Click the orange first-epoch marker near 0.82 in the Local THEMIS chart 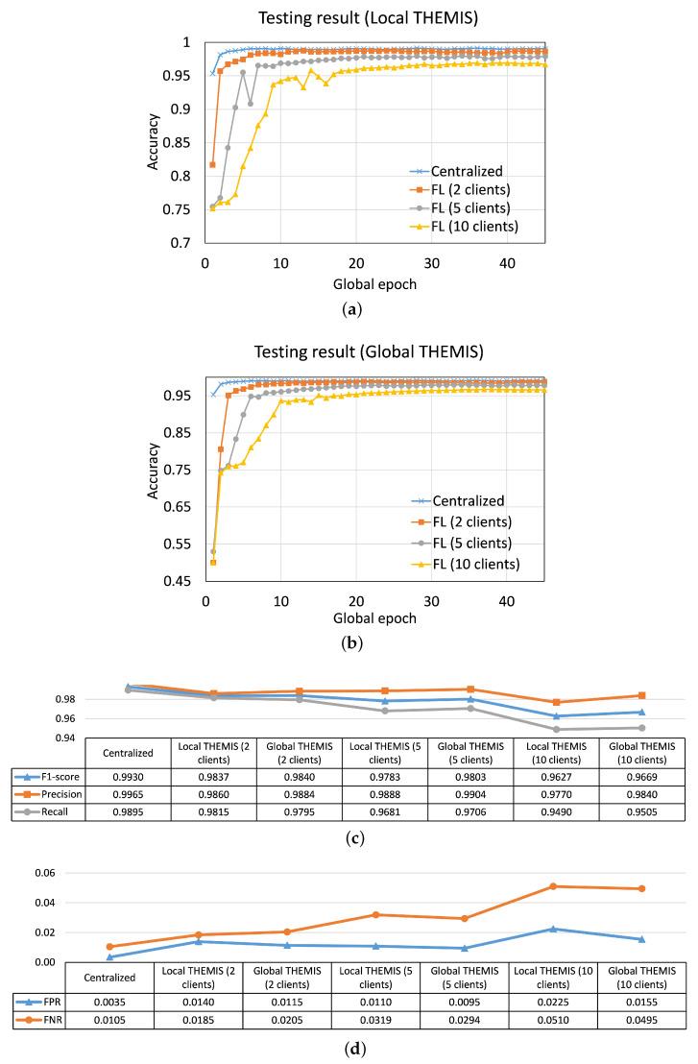212,165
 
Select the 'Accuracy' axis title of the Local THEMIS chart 154,144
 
